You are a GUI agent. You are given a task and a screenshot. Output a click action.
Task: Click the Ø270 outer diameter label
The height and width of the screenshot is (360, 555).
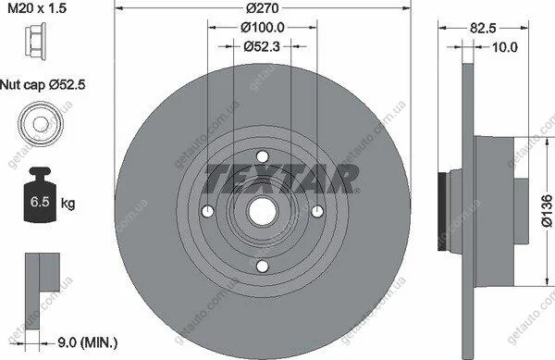263,7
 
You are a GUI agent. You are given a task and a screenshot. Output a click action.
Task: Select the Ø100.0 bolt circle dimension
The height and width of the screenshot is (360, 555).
263,27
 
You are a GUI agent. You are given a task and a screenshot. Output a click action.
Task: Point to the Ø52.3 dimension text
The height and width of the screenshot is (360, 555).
262,46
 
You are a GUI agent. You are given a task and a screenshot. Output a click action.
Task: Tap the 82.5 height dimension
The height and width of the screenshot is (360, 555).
483,28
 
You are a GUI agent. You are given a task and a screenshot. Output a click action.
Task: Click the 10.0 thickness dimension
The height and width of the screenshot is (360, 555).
505,47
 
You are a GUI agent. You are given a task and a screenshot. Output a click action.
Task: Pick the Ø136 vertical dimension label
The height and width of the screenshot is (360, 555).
547,210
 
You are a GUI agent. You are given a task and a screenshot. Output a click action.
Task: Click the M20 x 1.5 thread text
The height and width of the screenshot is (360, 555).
37,7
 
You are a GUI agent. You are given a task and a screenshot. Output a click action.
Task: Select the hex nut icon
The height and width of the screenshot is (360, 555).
35,39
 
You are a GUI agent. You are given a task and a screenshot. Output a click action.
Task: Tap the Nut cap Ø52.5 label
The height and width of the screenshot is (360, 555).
43,85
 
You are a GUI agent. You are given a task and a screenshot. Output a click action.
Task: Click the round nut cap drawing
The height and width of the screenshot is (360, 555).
41,124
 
